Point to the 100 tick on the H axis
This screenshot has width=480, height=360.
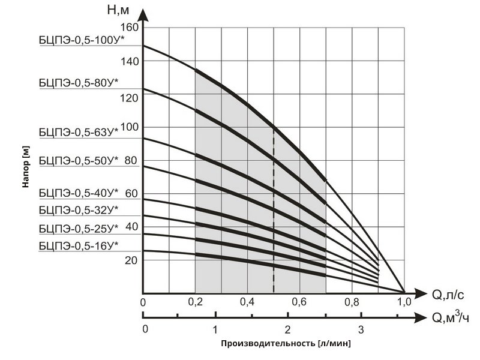[131, 127]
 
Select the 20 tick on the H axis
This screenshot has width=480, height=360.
[131, 260]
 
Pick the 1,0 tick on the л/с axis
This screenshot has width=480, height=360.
[404, 302]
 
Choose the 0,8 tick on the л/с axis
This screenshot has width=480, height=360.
[352, 302]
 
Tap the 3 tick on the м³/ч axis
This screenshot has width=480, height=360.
[360, 329]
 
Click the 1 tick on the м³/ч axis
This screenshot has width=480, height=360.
[215, 329]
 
